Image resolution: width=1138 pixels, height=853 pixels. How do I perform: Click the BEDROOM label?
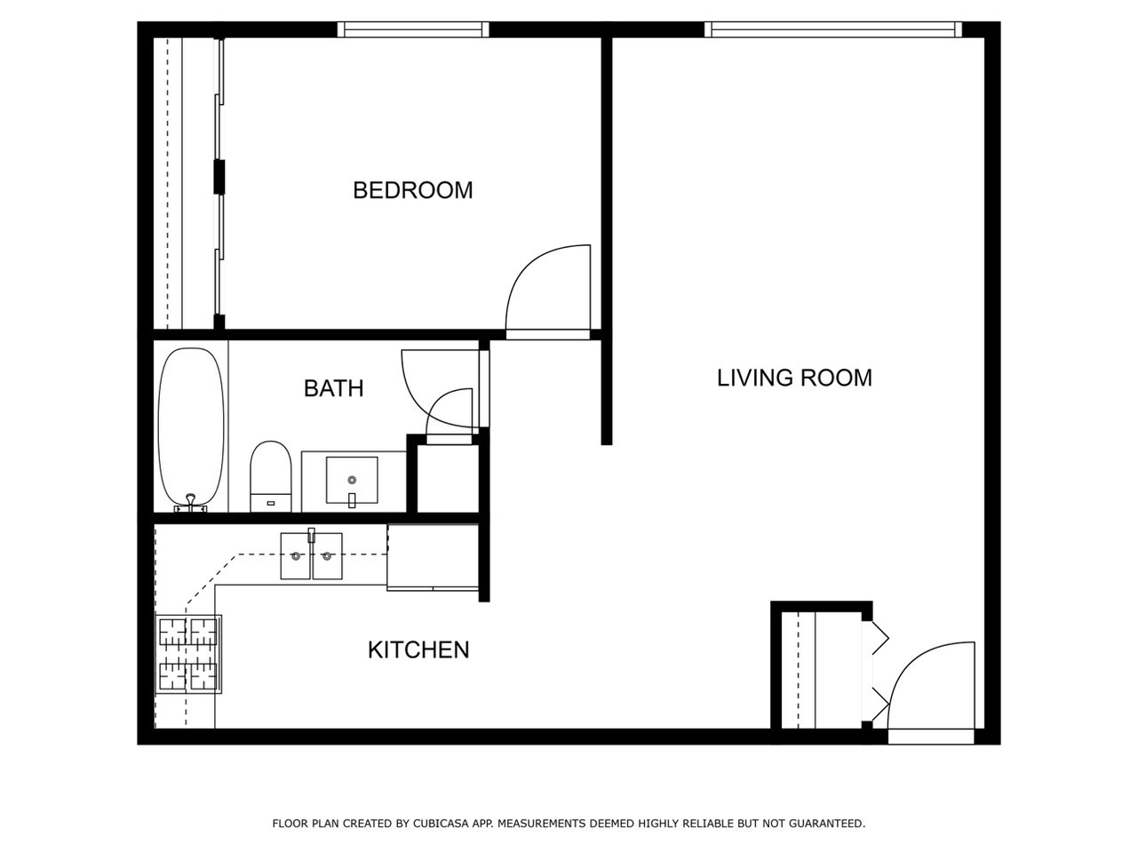coord(412,190)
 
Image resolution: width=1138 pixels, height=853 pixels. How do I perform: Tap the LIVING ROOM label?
coord(794,378)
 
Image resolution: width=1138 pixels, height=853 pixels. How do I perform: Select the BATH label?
coord(333,388)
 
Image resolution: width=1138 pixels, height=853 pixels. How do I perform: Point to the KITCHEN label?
coord(418,650)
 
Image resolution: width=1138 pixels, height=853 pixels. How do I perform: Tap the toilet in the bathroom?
coord(271,475)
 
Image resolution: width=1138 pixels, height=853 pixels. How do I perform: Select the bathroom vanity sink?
coord(352,481)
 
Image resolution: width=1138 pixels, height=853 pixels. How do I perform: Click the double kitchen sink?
coord(311,556)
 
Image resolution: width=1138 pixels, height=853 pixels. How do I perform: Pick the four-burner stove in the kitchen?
coord(188,654)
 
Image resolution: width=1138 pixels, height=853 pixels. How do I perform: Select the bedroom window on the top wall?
coord(413,29)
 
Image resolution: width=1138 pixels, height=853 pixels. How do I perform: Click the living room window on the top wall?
coord(832,29)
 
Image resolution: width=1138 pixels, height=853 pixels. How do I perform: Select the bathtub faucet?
coord(190,504)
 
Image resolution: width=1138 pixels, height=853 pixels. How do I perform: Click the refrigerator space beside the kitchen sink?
coord(434,556)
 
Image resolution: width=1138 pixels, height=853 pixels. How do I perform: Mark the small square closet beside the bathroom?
coord(448,480)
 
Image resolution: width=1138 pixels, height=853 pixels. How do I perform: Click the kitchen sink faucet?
coord(312,536)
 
